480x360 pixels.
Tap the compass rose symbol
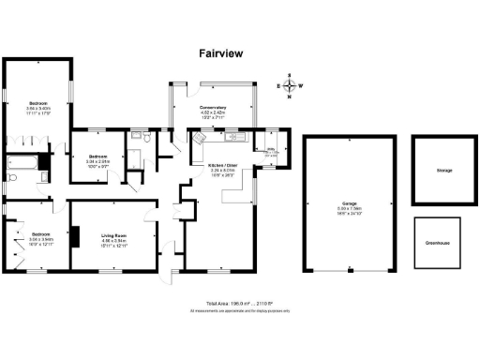click(x=291, y=86)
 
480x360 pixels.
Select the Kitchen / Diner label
click(x=222, y=165)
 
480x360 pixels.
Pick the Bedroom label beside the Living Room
click(x=40, y=233)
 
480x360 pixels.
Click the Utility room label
click(x=270, y=148)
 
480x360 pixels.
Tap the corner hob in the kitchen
click(x=199, y=137)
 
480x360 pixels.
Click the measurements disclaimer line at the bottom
click(x=240, y=310)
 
